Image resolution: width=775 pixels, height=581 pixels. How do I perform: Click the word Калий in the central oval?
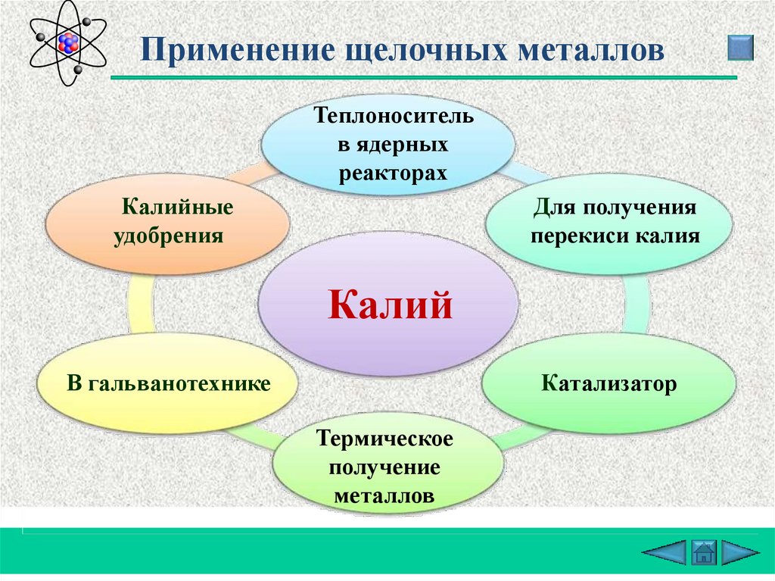click(391, 305)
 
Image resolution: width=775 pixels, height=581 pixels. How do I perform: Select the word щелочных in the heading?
click(425, 52)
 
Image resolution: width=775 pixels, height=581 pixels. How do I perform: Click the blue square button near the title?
click(740, 48)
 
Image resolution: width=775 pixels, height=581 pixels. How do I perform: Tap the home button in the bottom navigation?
click(703, 551)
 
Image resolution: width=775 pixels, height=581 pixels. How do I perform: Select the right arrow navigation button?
click(740, 551)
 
